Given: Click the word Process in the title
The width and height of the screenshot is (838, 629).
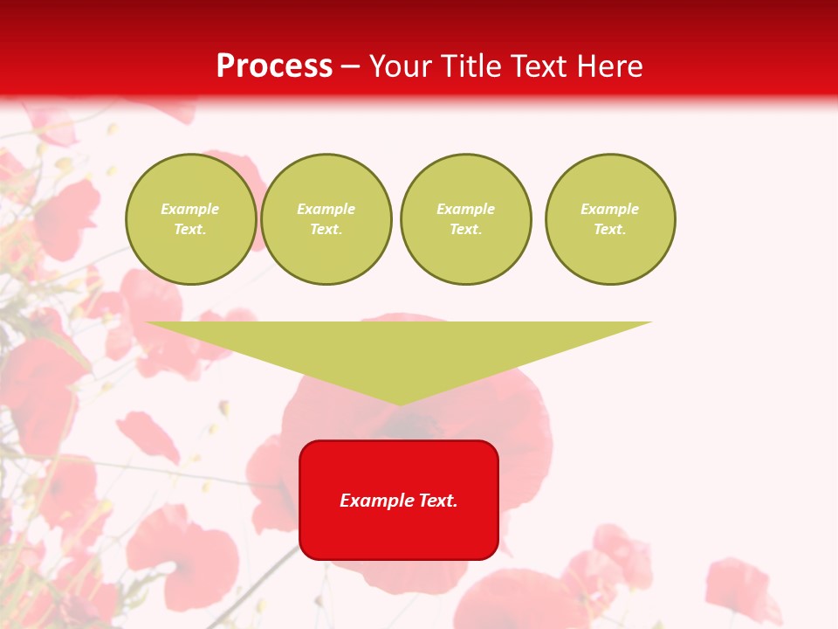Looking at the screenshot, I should [x=274, y=66].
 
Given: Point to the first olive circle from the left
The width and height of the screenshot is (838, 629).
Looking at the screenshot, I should [x=190, y=219].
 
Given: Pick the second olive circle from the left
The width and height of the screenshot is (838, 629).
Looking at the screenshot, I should [x=326, y=219].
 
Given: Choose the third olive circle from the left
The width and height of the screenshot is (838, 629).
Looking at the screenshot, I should [x=465, y=219].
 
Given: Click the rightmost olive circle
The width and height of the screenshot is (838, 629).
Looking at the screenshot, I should [x=610, y=219].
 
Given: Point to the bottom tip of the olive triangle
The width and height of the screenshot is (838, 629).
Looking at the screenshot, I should [x=400, y=403].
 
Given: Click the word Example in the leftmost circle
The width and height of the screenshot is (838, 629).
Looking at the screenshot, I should [x=190, y=209].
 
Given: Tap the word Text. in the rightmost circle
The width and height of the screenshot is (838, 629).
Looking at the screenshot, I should [x=610, y=230].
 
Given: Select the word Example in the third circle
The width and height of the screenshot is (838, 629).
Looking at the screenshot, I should [x=465, y=209].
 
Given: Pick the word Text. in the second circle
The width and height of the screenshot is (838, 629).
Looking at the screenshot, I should [x=326, y=230].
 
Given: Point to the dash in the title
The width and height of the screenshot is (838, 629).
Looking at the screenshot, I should [x=351, y=67].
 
